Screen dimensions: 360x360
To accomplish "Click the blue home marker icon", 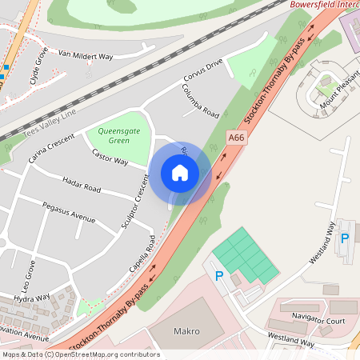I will tap(180, 173).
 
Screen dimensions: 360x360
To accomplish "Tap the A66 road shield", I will tap(235, 138).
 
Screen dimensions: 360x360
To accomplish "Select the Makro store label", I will tap(186, 331).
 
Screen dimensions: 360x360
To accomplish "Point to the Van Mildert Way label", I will tap(86, 55).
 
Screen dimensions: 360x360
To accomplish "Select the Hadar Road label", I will tap(82, 188).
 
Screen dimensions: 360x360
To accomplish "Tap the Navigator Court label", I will tap(318, 320).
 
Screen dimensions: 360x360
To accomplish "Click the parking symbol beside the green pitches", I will tap(218, 276).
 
